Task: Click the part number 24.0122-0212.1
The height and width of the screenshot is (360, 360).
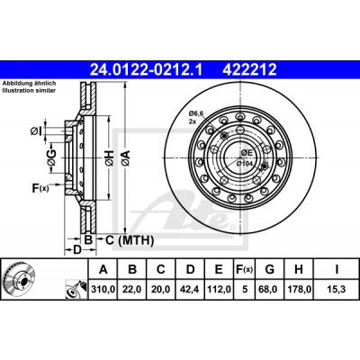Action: [x=147, y=70]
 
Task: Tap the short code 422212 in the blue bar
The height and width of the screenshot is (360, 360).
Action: [x=249, y=70]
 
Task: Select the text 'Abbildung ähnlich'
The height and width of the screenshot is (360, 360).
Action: [x=30, y=84]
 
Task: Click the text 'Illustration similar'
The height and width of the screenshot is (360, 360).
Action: [x=29, y=91]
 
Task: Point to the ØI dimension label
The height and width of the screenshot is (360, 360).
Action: [x=35, y=131]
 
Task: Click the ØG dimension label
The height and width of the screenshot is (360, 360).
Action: [x=51, y=157]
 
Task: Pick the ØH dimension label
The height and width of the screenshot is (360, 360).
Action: [x=109, y=157]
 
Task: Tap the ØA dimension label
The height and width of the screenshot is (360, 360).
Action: [x=126, y=157]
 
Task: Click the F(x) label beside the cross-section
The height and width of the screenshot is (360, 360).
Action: [x=40, y=188]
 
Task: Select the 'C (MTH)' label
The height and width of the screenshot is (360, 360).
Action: [x=130, y=240]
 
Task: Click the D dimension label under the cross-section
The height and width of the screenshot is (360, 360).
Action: [x=77, y=249]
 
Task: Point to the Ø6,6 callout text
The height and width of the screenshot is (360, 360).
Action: [x=196, y=113]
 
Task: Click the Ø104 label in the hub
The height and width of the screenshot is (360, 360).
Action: [x=244, y=164]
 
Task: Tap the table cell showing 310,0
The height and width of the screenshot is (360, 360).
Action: [x=103, y=289]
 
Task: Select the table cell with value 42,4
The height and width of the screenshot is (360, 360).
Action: [x=190, y=289]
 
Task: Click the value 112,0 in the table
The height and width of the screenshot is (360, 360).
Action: [x=219, y=289]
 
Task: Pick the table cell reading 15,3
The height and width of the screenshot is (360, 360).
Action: [x=337, y=289]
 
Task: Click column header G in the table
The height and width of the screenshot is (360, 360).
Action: [x=270, y=269]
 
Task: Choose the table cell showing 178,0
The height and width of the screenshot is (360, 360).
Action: [x=299, y=289]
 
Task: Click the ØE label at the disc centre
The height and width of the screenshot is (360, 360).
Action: [x=247, y=153]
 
